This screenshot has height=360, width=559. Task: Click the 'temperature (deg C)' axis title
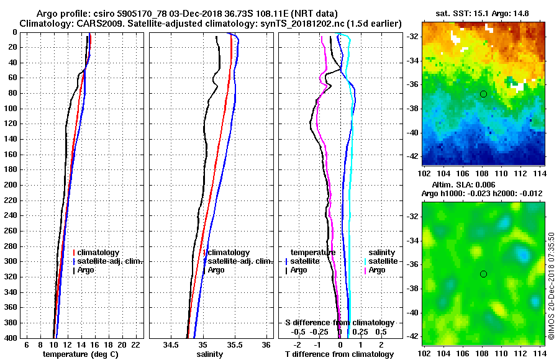tap(80, 354)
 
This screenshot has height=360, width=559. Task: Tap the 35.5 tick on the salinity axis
tap(234, 344)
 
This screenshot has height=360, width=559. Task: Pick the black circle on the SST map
tap(483, 94)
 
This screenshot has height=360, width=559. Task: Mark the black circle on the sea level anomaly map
tap(483, 274)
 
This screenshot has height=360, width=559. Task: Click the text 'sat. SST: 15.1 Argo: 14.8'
tap(483, 13)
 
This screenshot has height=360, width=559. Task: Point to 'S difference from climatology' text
tap(340, 323)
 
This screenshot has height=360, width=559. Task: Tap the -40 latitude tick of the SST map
tap(411, 133)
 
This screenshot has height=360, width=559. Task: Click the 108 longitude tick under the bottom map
tap(483, 353)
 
